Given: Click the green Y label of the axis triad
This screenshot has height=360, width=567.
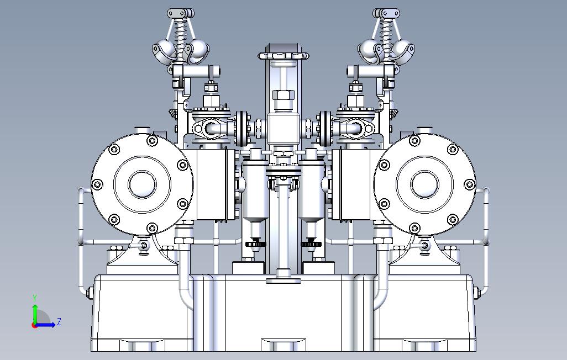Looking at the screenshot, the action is [x=35, y=298].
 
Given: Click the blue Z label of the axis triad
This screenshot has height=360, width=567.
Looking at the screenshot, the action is [x=59, y=321].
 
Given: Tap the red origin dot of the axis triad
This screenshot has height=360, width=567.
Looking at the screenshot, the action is [x=34, y=325].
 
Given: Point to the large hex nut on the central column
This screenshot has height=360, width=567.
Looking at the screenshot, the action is [x=283, y=96].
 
